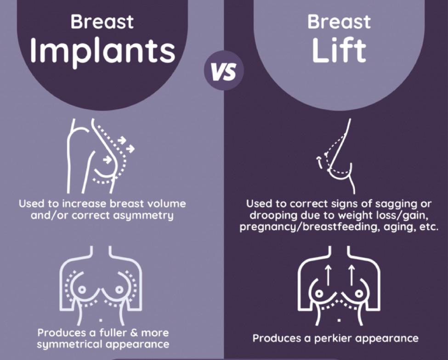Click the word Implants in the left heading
(x=102, y=51)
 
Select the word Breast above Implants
(x=102, y=21)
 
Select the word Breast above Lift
(x=339, y=21)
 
